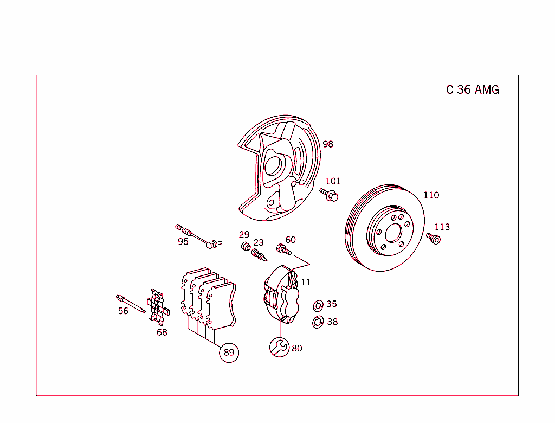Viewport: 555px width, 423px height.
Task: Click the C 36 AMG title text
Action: pos(473,89)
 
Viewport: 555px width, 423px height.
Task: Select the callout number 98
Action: pos(328,144)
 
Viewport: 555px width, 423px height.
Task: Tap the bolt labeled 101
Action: pos(329,195)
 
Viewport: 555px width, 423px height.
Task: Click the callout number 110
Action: pos(431,195)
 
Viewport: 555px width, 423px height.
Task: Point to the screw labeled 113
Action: pos(434,239)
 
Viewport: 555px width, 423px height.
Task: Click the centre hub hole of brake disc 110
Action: pos(393,233)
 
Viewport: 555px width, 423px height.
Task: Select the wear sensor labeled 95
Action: pos(198,236)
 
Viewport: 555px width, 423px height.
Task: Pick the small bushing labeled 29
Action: pos(246,246)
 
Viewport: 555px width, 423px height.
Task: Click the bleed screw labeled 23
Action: pos(259,255)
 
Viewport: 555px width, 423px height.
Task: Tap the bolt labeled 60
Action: pos(284,249)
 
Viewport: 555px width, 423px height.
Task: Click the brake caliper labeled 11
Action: pos(282,294)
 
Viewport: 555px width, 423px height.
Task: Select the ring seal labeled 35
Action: pos(318,305)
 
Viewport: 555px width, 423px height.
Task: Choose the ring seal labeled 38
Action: pos(318,322)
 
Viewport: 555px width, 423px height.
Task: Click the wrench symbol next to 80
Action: pos(279,347)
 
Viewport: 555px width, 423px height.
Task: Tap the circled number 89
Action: pos(229,352)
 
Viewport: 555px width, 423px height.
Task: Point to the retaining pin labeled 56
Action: pos(131,304)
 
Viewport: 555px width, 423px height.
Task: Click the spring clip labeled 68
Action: pos(158,307)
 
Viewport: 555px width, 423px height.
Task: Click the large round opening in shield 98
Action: pos(273,166)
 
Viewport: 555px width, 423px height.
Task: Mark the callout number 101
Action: pos(333,181)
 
